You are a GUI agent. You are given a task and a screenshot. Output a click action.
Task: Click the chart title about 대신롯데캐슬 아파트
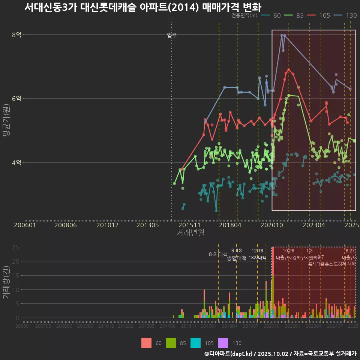click(142, 7)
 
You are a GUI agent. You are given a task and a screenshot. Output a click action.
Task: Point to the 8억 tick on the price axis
click(16, 35)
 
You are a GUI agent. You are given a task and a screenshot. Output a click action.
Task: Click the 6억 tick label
click(16, 99)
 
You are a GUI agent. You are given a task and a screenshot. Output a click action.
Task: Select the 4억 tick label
click(16, 162)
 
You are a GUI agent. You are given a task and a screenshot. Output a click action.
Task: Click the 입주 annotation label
click(172, 35)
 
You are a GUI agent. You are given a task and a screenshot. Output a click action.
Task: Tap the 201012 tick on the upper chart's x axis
click(108, 225)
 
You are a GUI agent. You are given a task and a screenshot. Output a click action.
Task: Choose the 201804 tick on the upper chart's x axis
click(230, 225)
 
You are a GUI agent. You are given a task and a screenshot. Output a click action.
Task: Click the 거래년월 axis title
click(190, 233)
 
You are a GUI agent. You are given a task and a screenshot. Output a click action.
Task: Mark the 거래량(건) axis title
click(6, 282)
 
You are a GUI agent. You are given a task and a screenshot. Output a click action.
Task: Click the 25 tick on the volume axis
click(16, 247)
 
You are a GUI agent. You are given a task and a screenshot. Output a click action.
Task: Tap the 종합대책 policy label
click(237, 258)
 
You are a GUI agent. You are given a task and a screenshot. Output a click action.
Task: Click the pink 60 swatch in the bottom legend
click(147, 343)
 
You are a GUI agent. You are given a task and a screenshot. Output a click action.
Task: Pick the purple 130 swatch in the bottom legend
click(223, 343)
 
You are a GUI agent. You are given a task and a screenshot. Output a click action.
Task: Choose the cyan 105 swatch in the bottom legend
click(195, 343)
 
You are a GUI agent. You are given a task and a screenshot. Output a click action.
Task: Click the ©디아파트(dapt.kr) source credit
click(229, 354)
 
